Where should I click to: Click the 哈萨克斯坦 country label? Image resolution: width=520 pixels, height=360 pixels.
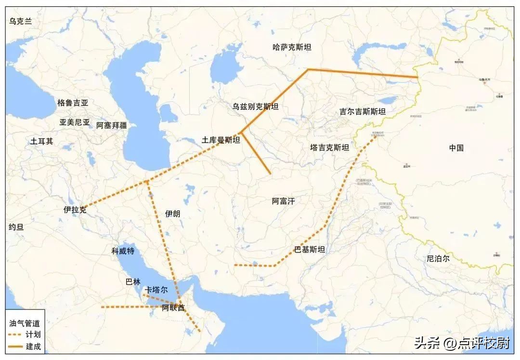(292, 47)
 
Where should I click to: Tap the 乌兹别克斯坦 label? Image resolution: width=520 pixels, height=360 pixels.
(255, 107)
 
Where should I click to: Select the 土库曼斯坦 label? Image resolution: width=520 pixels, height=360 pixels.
(221, 140)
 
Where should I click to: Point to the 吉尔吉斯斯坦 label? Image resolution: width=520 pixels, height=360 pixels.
(363, 111)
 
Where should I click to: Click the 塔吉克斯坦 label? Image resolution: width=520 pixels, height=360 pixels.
(330, 147)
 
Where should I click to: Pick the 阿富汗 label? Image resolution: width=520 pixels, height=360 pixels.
(283, 201)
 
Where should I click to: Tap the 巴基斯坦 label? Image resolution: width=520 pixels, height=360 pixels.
(310, 250)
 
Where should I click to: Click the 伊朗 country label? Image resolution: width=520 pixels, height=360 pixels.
(172, 213)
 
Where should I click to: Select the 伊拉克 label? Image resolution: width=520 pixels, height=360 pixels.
(75, 210)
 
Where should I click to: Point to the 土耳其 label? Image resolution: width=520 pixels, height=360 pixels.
(42, 141)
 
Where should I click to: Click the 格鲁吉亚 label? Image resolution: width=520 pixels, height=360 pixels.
(73, 103)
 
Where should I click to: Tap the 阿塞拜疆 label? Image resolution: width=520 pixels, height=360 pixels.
(111, 125)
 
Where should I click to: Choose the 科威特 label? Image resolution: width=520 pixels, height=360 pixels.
(123, 251)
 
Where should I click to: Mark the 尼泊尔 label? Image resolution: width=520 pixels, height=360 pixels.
(438, 258)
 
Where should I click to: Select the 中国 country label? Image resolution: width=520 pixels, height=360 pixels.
(456, 148)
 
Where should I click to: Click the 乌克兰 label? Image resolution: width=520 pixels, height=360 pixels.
(20, 21)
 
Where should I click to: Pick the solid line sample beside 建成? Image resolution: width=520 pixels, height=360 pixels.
(16, 347)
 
